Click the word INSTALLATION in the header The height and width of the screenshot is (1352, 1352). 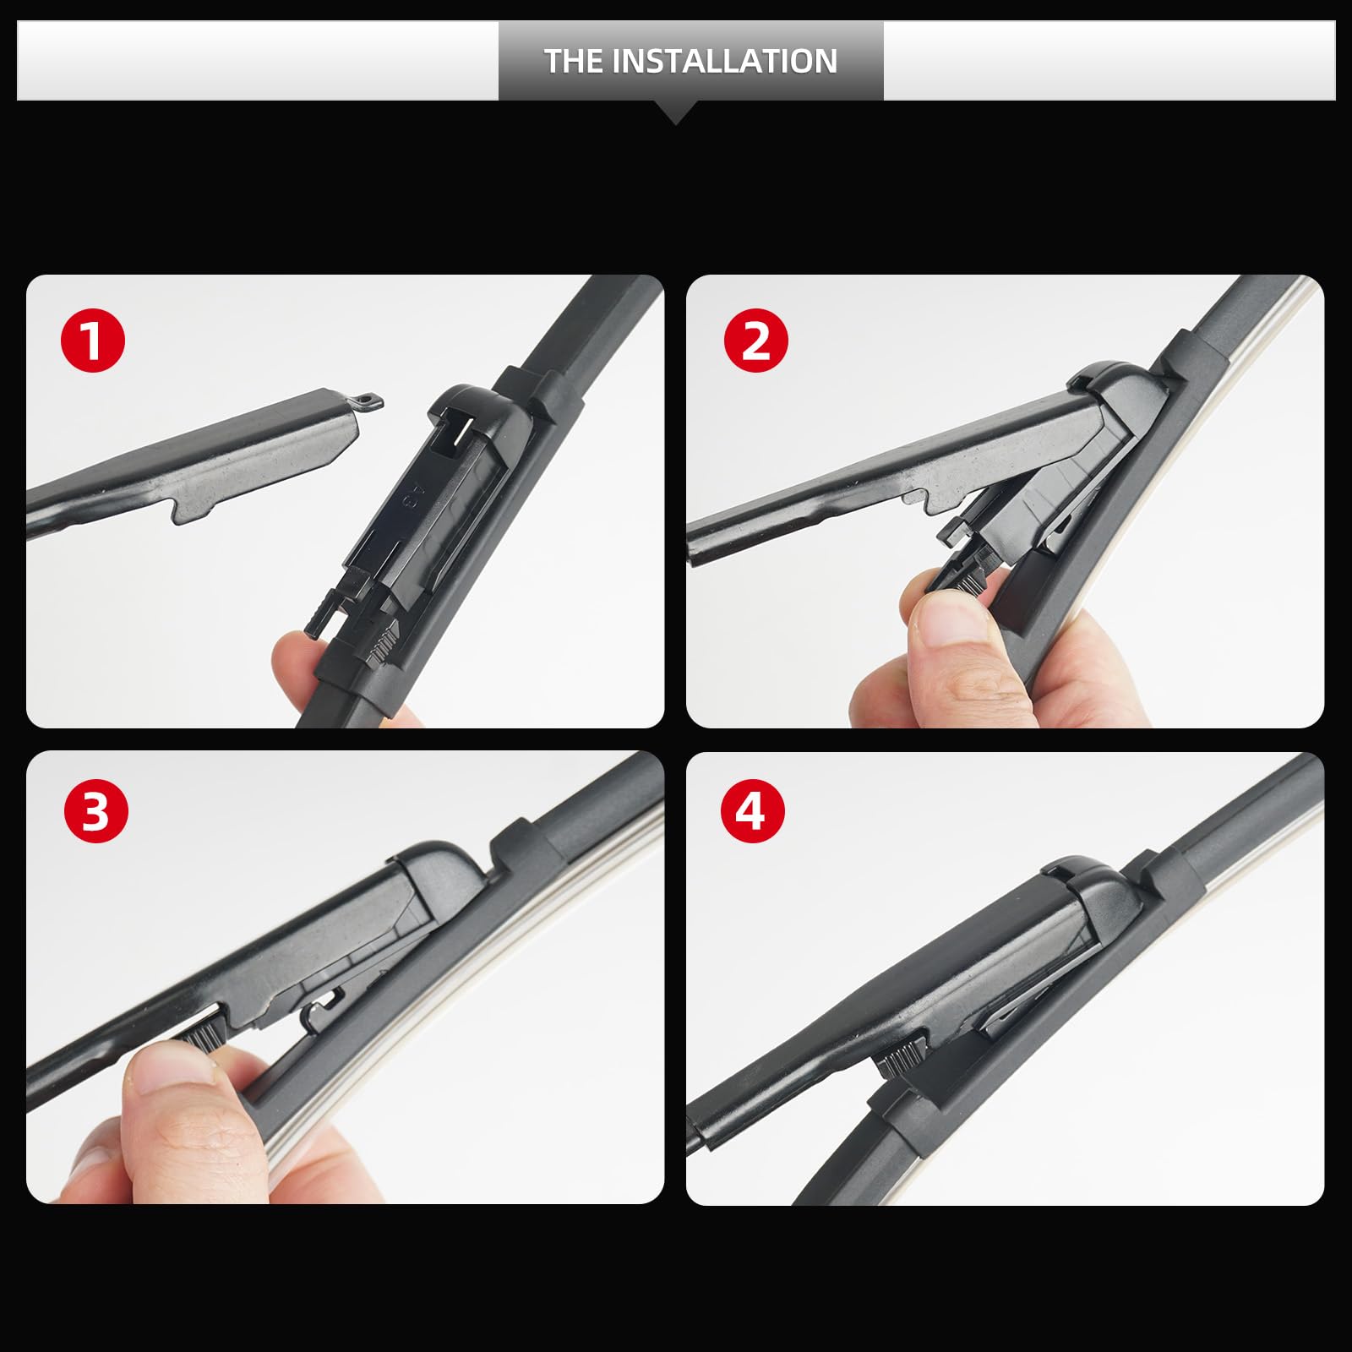(724, 61)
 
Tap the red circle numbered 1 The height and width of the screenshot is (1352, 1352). (93, 341)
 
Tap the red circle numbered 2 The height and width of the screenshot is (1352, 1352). (755, 341)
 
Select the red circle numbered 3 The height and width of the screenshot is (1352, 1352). (95, 811)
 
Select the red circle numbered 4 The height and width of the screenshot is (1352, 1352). (753, 811)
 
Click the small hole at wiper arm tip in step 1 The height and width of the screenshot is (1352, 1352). (365, 397)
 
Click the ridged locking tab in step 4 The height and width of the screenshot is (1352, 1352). (902, 1058)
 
